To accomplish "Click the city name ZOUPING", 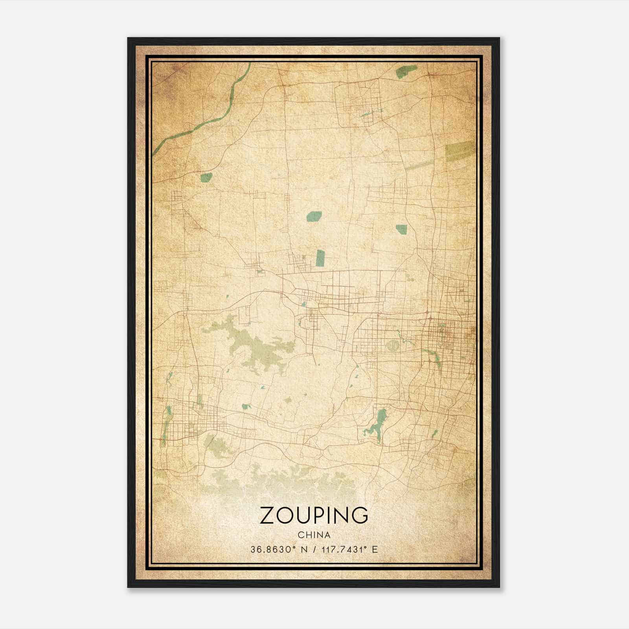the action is (x=314, y=515).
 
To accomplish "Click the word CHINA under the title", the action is (x=314, y=535).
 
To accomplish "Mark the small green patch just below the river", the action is (x=206, y=178).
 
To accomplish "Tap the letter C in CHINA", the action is (x=300, y=535).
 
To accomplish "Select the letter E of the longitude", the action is (x=375, y=549).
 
